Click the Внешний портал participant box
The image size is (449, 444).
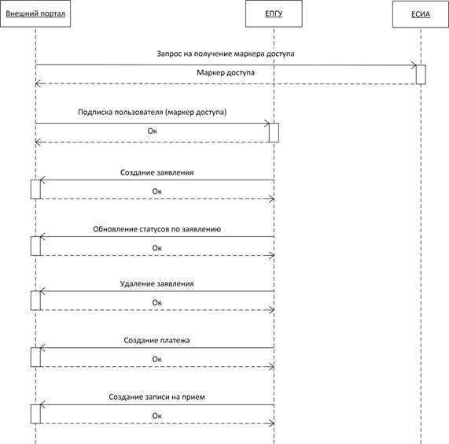pyautogui.click(x=35, y=13)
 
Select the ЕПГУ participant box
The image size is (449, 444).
pyautogui.click(x=274, y=13)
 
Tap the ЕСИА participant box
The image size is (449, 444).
pyautogui.click(x=421, y=14)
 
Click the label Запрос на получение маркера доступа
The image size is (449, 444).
pyautogui.click(x=226, y=54)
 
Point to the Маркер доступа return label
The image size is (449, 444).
pyautogui.click(x=226, y=72)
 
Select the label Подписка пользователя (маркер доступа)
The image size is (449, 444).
pyautogui.click(x=153, y=112)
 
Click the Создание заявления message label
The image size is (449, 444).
pyautogui.click(x=157, y=172)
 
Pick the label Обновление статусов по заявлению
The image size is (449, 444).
pyautogui.click(x=157, y=229)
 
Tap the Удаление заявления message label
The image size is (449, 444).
pyautogui.click(x=157, y=283)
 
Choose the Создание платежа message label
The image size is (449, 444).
pyautogui.click(x=157, y=341)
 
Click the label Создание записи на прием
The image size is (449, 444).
pyautogui.click(x=157, y=397)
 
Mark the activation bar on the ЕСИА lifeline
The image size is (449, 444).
pyautogui.click(x=421, y=75)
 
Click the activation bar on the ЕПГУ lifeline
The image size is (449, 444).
pyautogui.click(x=274, y=133)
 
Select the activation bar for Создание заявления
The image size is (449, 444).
pyautogui.click(x=35, y=190)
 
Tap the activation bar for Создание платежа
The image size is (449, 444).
pyautogui.click(x=35, y=357)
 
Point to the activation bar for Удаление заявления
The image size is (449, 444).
pyautogui.click(x=35, y=301)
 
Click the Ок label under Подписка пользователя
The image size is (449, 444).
pyautogui.click(x=153, y=131)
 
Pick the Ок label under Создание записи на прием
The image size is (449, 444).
pyautogui.click(x=157, y=416)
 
